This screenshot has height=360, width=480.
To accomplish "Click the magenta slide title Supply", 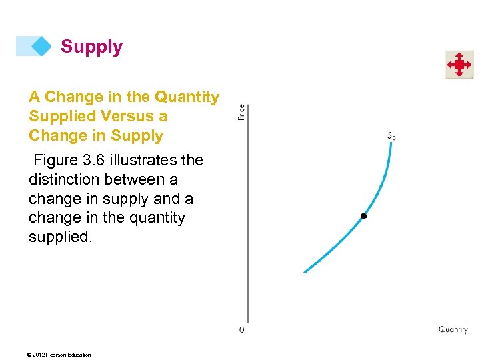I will [x=91, y=47].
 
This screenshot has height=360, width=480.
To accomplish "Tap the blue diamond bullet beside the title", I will [x=41, y=46].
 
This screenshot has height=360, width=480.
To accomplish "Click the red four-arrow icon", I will [x=459, y=65].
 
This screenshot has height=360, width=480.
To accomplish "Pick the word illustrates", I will [x=147, y=160].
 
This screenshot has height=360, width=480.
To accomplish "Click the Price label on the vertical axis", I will [x=241, y=112].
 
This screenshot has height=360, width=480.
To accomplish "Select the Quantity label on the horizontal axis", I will [x=453, y=329].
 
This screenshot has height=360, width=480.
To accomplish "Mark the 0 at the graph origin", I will [x=241, y=329].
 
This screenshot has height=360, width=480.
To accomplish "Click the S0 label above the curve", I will [x=391, y=136].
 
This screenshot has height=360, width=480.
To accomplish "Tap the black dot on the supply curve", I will [x=363, y=216].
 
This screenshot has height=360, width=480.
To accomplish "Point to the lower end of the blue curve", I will [x=305, y=271].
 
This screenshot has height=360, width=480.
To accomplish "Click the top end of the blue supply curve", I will [x=391, y=143].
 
